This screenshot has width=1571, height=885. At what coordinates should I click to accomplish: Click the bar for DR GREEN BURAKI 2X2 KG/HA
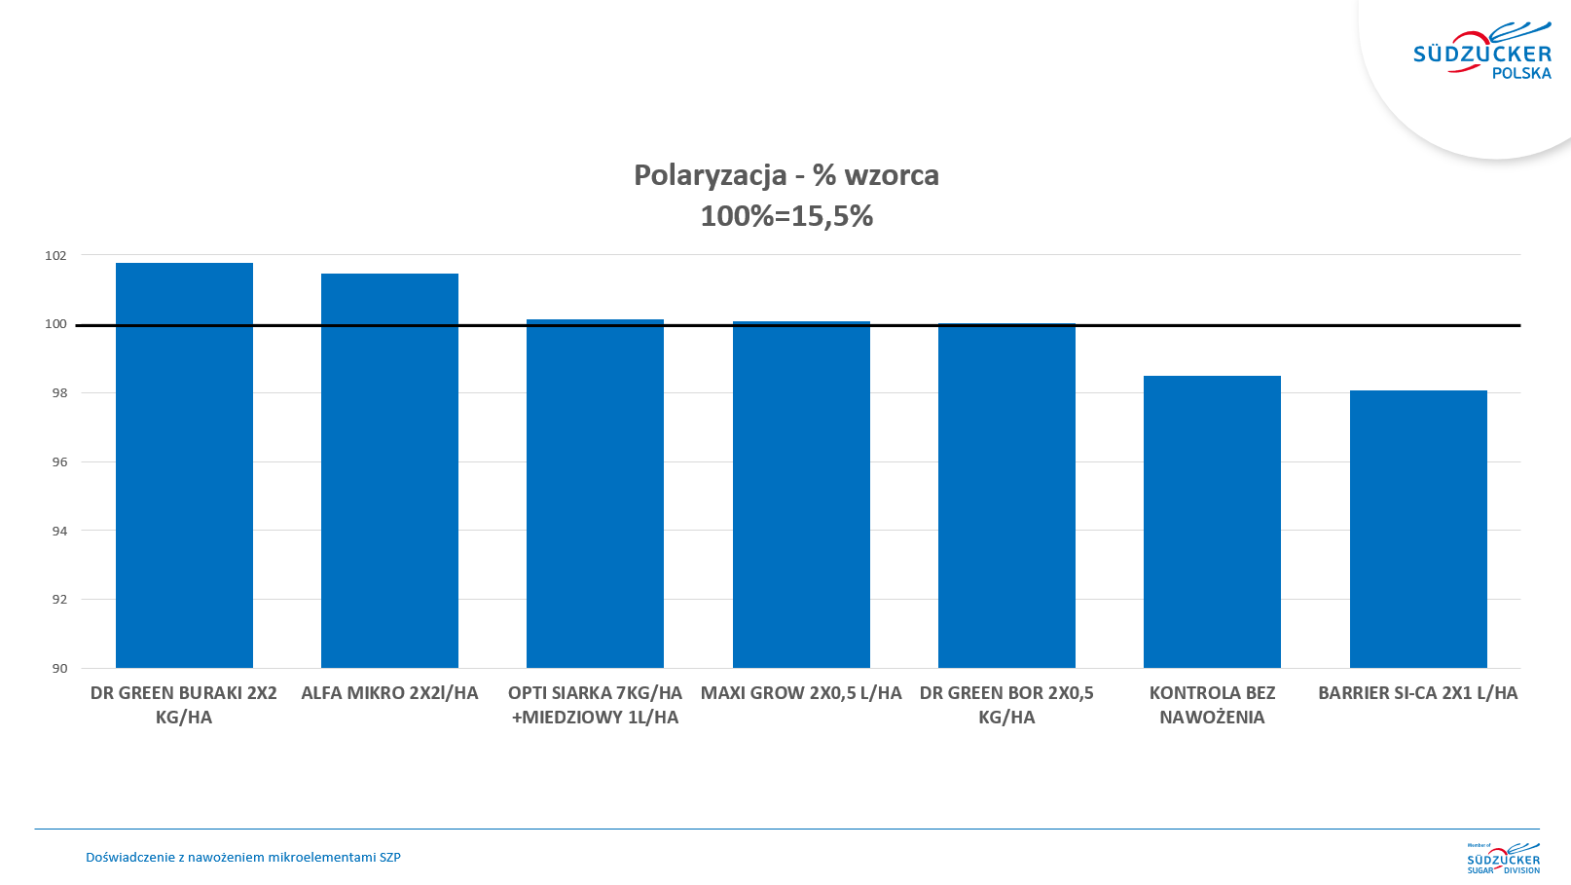click(184, 467)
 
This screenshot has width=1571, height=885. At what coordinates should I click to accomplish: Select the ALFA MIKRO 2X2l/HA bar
click(389, 472)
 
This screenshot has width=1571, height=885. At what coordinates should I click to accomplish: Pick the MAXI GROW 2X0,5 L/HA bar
click(801, 496)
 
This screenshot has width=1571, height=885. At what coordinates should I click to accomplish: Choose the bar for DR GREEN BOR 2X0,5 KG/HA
click(1006, 497)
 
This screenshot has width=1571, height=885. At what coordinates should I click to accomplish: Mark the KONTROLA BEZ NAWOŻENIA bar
click(1212, 522)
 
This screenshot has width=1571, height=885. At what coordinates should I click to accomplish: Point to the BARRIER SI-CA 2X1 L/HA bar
click(1418, 530)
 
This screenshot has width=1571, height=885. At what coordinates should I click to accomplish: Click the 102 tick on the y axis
click(55, 256)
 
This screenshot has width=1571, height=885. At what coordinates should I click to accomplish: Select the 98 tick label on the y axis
click(59, 393)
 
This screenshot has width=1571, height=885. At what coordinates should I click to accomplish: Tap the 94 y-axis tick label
click(59, 531)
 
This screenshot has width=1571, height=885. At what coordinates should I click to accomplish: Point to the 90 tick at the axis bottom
click(59, 668)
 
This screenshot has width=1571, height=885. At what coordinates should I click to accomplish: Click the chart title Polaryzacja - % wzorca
click(786, 175)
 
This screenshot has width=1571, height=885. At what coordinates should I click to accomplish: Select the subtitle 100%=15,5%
click(786, 216)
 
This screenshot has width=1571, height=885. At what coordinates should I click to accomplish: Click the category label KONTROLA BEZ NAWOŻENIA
click(1212, 705)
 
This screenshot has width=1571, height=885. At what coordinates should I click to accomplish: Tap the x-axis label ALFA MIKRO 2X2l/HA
click(389, 693)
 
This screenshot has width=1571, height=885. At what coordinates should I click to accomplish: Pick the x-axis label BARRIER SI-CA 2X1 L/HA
click(1417, 693)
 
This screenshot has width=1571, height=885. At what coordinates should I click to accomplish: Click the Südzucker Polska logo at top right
click(1482, 54)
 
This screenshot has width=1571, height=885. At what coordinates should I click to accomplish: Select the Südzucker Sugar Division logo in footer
click(1503, 858)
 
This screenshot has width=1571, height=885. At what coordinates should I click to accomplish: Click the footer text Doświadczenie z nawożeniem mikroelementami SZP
click(243, 858)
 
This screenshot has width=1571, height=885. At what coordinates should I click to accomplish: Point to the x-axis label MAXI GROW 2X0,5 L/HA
click(801, 693)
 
